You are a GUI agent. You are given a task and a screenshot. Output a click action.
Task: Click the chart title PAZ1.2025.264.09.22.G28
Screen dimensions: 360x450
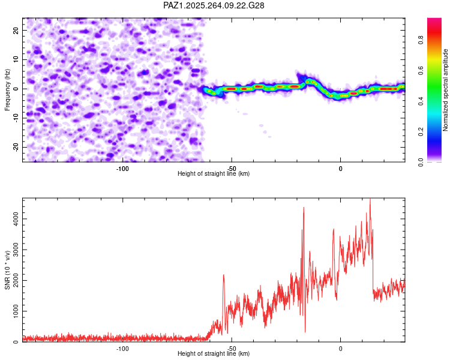[x=214, y=5]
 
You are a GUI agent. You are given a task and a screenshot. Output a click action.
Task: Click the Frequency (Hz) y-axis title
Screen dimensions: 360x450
[x=7, y=89]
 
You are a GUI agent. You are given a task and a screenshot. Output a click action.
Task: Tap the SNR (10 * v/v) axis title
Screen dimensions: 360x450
[x=7, y=270]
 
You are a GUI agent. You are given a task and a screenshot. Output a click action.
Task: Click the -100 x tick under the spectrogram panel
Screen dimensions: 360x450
[x=122, y=169]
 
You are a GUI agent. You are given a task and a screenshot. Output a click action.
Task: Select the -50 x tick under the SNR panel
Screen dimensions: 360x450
[x=232, y=349]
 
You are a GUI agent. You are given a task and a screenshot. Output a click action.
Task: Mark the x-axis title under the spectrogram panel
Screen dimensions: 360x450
[x=214, y=174]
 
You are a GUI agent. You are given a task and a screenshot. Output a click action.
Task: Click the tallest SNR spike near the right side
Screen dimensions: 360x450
[x=370, y=200]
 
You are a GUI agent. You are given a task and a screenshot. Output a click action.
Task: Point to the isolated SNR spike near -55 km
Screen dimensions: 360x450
[x=223, y=275]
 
